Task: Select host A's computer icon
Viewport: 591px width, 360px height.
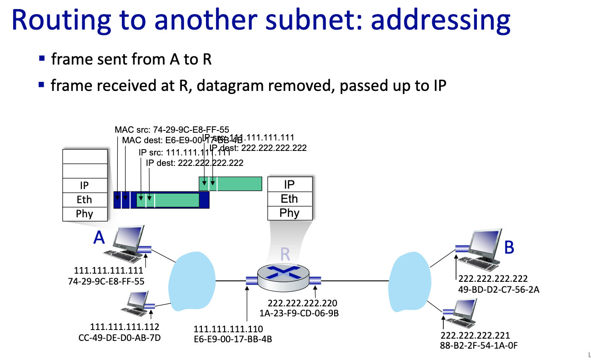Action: tap(128, 245)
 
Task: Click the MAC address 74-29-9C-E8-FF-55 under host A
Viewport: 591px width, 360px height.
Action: tap(106, 281)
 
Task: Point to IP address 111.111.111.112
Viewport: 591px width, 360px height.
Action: tap(125, 327)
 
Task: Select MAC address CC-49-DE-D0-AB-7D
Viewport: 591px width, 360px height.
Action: tap(120, 337)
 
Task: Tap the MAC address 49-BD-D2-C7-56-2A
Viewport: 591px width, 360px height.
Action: tap(499, 290)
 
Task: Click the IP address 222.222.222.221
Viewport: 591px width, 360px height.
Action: tap(475, 335)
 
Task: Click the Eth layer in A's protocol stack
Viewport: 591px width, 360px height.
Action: tap(84, 200)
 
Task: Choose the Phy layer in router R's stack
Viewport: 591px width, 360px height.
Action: tap(290, 213)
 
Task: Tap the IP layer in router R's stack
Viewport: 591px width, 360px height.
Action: tap(290, 184)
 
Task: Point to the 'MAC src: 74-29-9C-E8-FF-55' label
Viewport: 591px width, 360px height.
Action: tap(172, 129)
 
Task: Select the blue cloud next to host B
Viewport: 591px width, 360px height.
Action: tap(410, 282)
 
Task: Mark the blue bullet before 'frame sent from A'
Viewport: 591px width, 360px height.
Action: tap(42, 59)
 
